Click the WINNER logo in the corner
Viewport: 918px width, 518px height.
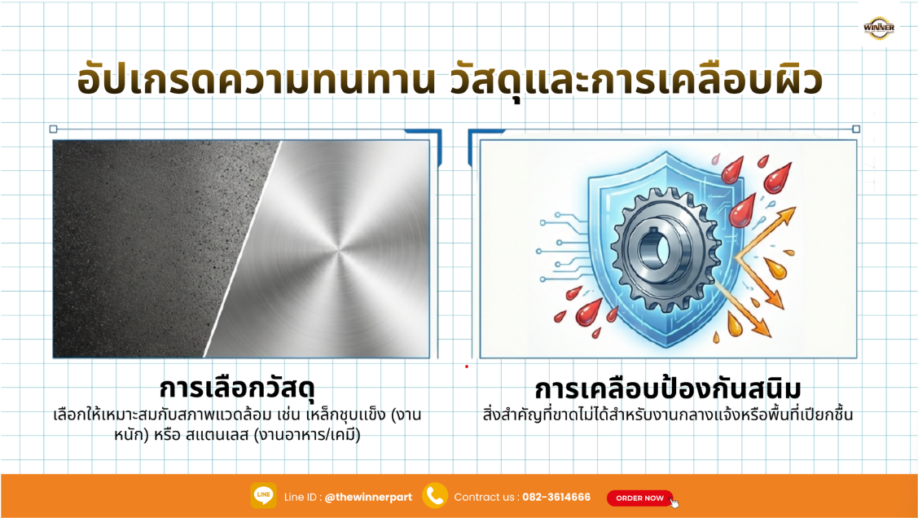[x=879, y=29]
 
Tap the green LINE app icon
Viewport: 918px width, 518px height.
[x=263, y=496]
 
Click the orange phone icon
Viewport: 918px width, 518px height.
[x=435, y=496]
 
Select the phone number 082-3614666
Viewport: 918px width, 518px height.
[x=556, y=498]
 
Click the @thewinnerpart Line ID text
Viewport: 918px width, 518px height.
[x=368, y=498]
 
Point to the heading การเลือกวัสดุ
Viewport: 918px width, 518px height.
[x=236, y=384]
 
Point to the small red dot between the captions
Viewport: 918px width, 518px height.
[x=467, y=367]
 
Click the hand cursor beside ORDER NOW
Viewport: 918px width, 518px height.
[x=674, y=503]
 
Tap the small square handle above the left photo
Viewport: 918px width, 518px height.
[x=54, y=129]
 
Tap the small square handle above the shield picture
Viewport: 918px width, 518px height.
[x=856, y=129]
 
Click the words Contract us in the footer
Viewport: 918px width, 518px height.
[x=484, y=498]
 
